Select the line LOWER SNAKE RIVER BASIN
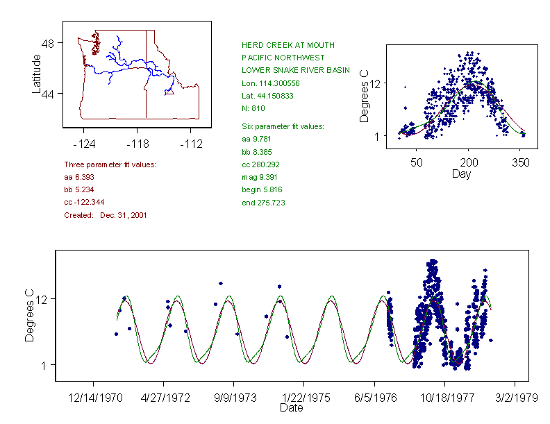[296, 70]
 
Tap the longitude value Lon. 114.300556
[272, 83]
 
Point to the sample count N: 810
[253, 108]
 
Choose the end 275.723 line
[263, 203]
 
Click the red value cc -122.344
[86, 203]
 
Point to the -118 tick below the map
[137, 144]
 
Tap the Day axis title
[461, 174]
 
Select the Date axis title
[291, 408]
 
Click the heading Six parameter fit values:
[278, 126]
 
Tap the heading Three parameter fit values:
[110, 164]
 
